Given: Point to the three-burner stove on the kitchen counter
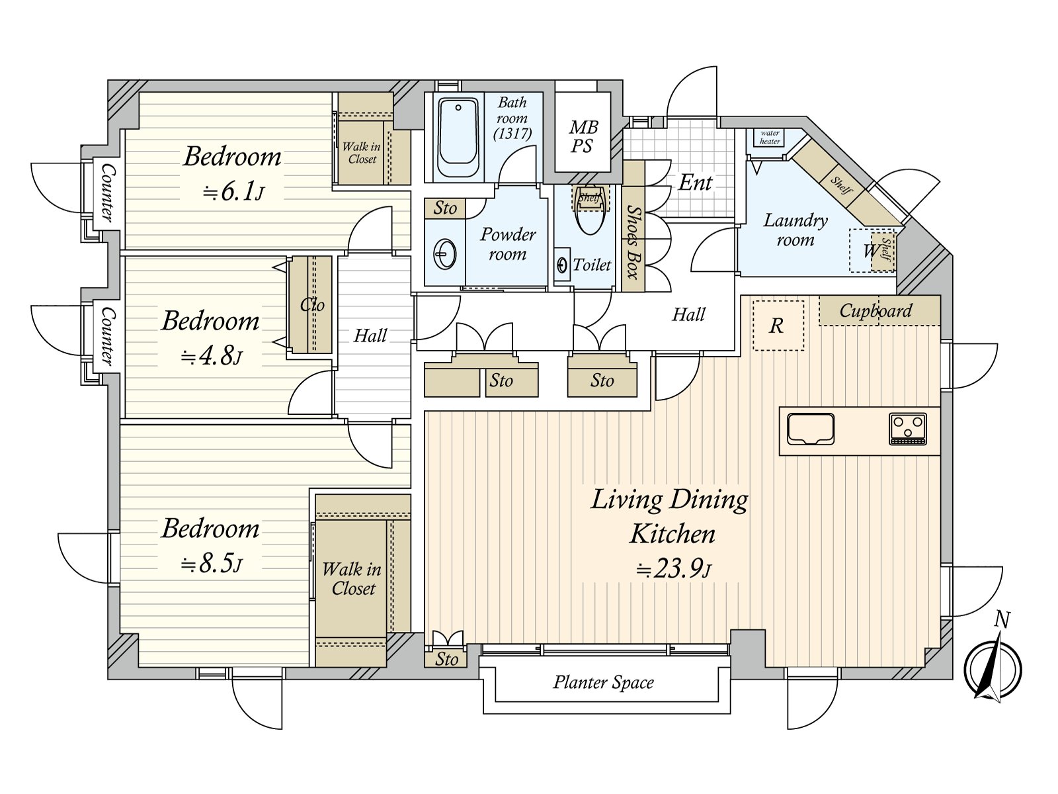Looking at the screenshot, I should coord(908,428).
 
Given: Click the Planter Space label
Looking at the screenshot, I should coord(603,682).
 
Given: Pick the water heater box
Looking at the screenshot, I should coord(770,138).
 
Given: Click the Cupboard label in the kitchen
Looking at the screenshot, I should coord(875,310).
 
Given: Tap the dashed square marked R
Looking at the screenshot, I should coord(778,326).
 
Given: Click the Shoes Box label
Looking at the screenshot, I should coord(633,242).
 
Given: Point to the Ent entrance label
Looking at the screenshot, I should coord(695,183).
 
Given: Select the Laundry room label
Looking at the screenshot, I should coord(795,230).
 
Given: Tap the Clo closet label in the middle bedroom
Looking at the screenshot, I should coord(312,304).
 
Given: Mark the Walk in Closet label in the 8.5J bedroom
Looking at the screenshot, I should coord(352,578).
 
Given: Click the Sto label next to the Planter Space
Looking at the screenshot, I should coord(446,659).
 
